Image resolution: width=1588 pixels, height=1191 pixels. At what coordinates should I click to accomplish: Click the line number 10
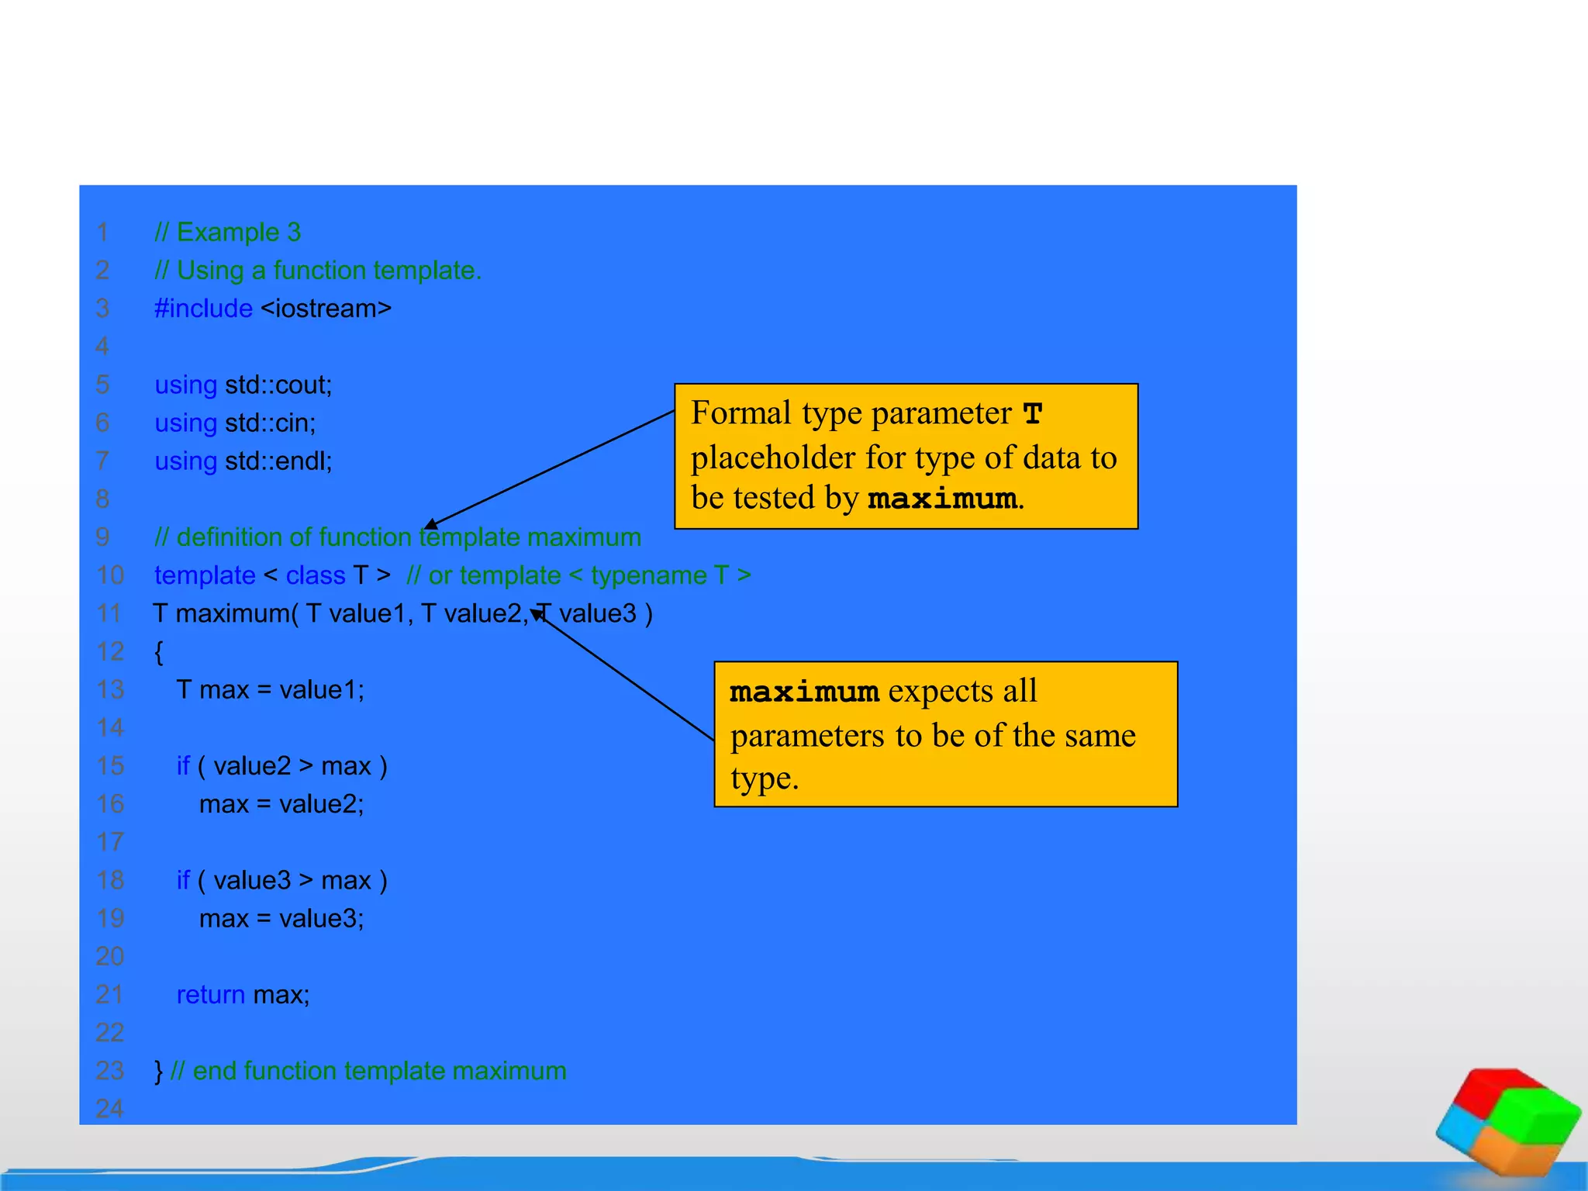click(x=110, y=575)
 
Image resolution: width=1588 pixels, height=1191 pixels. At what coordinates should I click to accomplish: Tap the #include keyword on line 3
click(x=203, y=309)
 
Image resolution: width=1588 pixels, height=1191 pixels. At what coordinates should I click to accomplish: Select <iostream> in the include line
click(x=326, y=309)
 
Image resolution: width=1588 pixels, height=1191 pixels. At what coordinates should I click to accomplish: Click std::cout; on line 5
click(x=278, y=385)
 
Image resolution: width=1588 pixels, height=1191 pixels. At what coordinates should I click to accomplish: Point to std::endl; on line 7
click(x=278, y=461)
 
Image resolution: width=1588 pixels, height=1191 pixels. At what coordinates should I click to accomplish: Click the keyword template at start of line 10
click(x=205, y=575)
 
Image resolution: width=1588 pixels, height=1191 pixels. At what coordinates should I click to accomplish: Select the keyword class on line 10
click(x=316, y=575)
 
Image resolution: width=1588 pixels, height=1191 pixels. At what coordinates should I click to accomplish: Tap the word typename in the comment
click(x=648, y=575)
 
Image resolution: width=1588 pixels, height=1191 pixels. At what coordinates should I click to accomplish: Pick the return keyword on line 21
click(x=210, y=995)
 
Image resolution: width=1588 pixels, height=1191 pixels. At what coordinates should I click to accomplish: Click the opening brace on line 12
click(x=159, y=652)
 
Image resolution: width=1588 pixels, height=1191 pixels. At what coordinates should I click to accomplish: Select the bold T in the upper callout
click(x=1032, y=414)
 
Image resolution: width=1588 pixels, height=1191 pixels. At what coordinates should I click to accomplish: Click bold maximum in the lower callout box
click(x=804, y=692)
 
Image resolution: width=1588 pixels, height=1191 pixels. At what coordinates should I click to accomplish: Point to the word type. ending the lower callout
click(x=764, y=778)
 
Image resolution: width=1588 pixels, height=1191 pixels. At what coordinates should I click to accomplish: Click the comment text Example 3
click(x=238, y=232)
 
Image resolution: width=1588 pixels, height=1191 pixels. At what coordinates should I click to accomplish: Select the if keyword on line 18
click(x=183, y=881)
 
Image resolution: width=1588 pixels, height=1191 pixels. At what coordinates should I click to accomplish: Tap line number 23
click(x=110, y=1071)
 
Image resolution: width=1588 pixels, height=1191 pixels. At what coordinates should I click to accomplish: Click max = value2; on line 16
click(x=281, y=804)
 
